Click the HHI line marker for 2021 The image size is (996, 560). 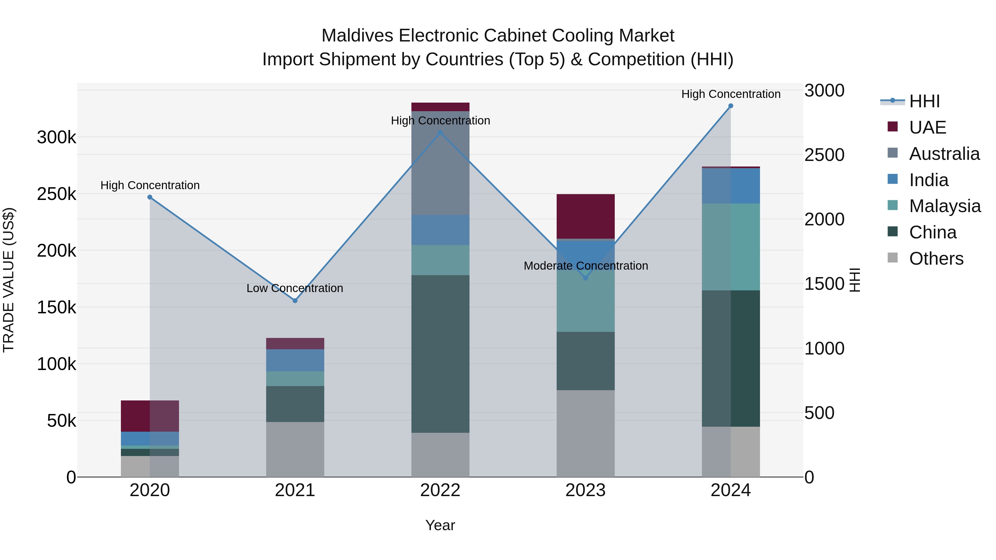click(x=295, y=300)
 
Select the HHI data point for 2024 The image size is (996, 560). click(x=730, y=106)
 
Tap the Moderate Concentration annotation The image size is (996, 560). click(x=585, y=266)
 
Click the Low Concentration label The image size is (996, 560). click(x=295, y=288)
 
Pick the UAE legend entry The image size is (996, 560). click(x=927, y=127)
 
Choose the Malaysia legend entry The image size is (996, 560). click(x=944, y=206)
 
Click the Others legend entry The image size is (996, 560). click(x=936, y=259)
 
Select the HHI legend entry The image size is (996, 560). click(x=924, y=101)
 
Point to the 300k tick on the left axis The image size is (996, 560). click(x=56, y=137)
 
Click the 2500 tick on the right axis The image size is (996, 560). click(x=824, y=155)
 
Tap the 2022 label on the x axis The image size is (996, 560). click(x=440, y=490)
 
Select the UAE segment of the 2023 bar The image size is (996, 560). click(x=585, y=217)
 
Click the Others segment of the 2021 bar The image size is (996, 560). click(x=295, y=449)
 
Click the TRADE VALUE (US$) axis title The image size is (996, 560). click(x=9, y=280)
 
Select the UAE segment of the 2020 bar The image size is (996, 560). click(x=150, y=416)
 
